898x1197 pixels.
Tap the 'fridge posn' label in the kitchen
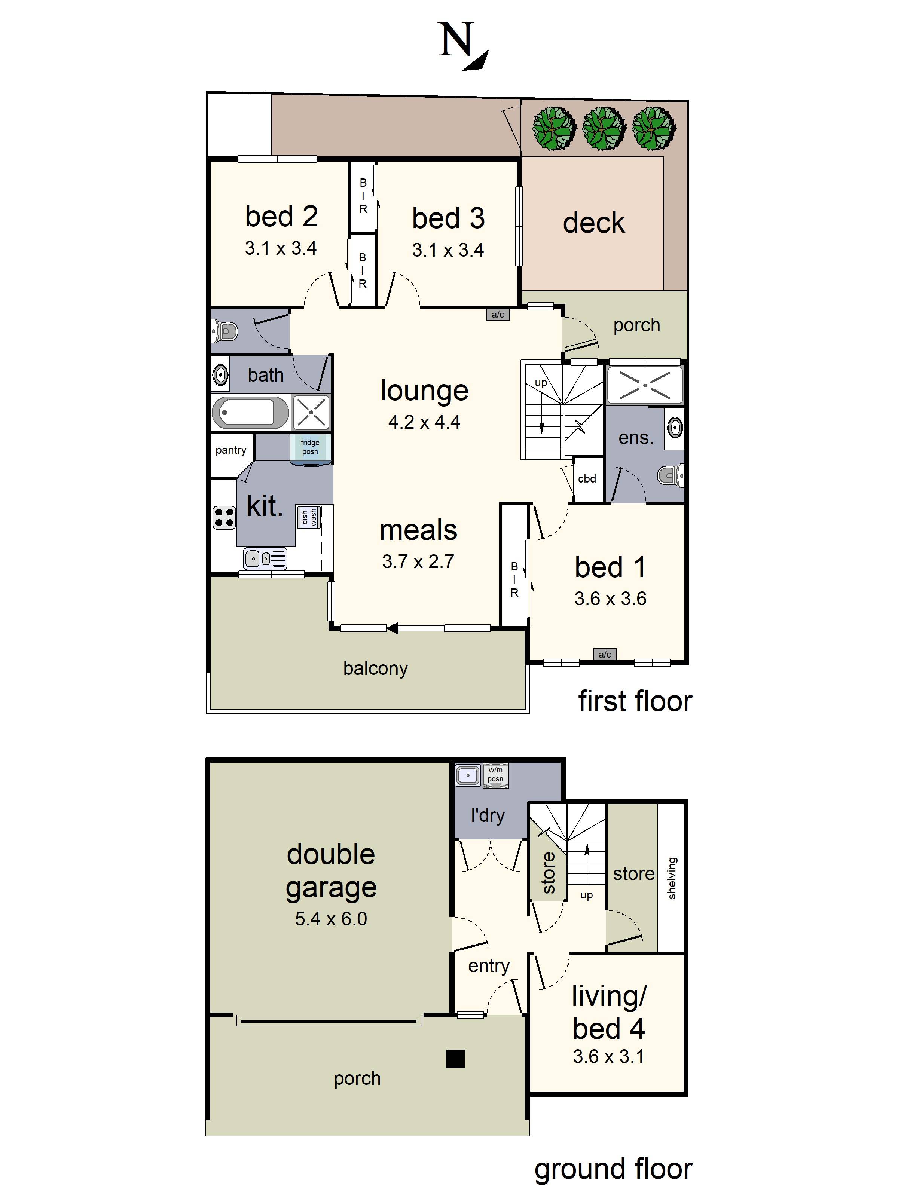pos(310,447)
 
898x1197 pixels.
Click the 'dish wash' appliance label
pos(309,517)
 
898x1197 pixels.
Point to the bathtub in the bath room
pos(250,413)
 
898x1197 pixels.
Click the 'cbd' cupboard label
pos(587,479)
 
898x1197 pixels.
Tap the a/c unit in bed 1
pos(605,654)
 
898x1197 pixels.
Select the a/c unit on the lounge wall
pos(497,315)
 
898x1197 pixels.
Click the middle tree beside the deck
pos(604,128)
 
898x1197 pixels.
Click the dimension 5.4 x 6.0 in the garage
pos(331,919)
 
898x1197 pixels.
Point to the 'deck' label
pos(594,223)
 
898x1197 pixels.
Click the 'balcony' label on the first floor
pos(376,669)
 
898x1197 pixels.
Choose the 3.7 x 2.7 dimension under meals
pos(418,562)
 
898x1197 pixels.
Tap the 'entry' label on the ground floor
pos(489,966)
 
